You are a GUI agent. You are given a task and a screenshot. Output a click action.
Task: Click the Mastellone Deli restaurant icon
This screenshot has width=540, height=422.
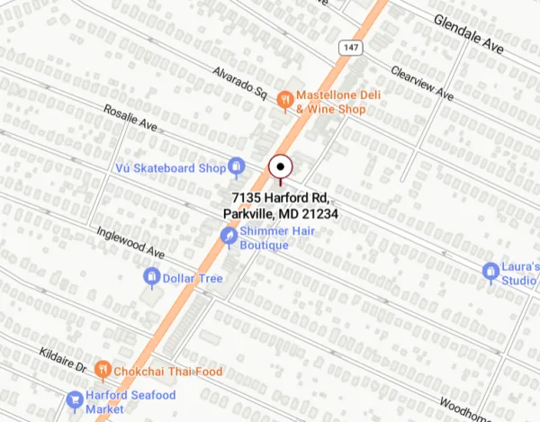(x=284, y=102)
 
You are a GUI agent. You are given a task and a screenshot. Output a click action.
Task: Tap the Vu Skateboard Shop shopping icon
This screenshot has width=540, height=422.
(x=237, y=166)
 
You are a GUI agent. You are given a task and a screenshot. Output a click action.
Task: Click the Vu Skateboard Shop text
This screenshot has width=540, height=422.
(x=170, y=168)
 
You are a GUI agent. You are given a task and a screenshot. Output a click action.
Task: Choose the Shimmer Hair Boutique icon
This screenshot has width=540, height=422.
(x=230, y=236)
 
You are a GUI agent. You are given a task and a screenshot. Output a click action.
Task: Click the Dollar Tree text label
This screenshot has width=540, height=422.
(x=193, y=279)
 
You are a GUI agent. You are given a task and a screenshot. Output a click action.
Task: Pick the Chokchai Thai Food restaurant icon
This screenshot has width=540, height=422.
(x=104, y=369)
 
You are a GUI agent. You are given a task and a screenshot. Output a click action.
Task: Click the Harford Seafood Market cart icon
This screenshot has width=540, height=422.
(x=74, y=399)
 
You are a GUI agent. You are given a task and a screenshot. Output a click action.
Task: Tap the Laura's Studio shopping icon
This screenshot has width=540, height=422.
(x=490, y=270)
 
